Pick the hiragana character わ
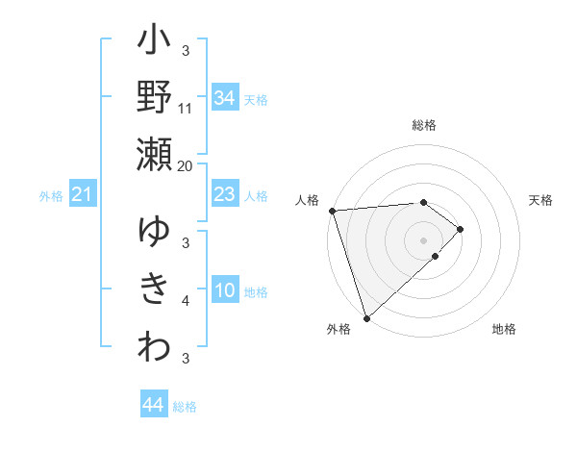(x=155, y=347)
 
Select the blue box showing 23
(x=225, y=195)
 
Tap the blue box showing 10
(x=225, y=291)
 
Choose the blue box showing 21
(x=83, y=195)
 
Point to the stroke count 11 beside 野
(x=186, y=109)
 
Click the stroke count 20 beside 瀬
(x=186, y=165)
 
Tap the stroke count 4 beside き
(x=186, y=301)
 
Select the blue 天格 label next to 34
(x=256, y=98)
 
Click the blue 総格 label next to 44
(x=185, y=407)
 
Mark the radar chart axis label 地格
(x=504, y=329)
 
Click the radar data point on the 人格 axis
(x=332, y=211)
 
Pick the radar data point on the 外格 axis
(x=366, y=317)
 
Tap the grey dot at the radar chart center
(x=423, y=239)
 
